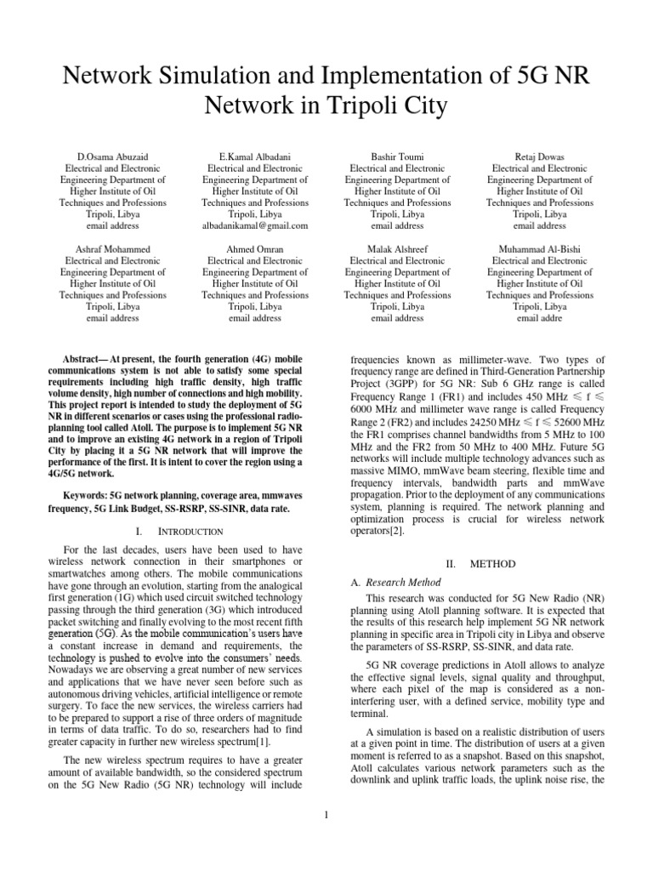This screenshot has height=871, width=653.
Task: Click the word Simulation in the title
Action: pyautogui.click(x=236, y=77)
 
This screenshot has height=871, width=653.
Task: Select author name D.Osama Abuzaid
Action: pyautogui.click(x=112, y=157)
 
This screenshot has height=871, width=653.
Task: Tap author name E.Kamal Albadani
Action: pyautogui.click(x=255, y=157)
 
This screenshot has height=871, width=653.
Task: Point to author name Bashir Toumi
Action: pyautogui.click(x=397, y=157)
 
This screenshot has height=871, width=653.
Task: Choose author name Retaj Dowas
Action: pyautogui.click(x=540, y=157)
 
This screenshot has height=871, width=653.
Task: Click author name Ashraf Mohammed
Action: pyautogui.click(x=112, y=249)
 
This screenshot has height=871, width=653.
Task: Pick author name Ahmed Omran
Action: pyautogui.click(x=255, y=249)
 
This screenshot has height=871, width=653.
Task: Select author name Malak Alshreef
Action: pyautogui.click(x=397, y=249)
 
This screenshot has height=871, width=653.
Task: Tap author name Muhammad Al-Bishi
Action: pyautogui.click(x=540, y=249)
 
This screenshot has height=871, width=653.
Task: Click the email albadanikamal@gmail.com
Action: pyautogui.click(x=255, y=226)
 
